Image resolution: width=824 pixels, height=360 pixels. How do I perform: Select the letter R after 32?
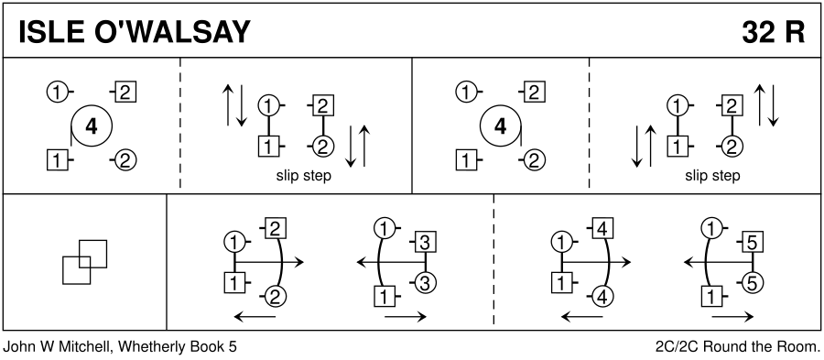pyautogui.click(x=795, y=32)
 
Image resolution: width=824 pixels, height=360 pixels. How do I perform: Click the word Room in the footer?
pyautogui.click(x=802, y=347)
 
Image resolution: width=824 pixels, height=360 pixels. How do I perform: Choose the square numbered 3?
pyautogui.click(x=426, y=242)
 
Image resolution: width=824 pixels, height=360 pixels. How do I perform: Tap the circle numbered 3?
pyautogui.click(x=426, y=283)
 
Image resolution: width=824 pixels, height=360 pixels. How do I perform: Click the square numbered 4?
pyautogui.click(x=602, y=229)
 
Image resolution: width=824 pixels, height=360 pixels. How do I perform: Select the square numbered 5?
pyautogui.click(x=752, y=242)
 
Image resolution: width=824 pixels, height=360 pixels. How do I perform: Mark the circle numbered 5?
pyautogui.click(x=752, y=283)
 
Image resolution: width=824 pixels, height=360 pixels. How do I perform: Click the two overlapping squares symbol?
pyautogui.click(x=84, y=262)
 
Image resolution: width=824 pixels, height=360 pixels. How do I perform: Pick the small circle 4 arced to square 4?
pyautogui.click(x=602, y=298)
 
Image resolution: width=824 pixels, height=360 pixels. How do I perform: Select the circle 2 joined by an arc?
pyautogui.click(x=276, y=298)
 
